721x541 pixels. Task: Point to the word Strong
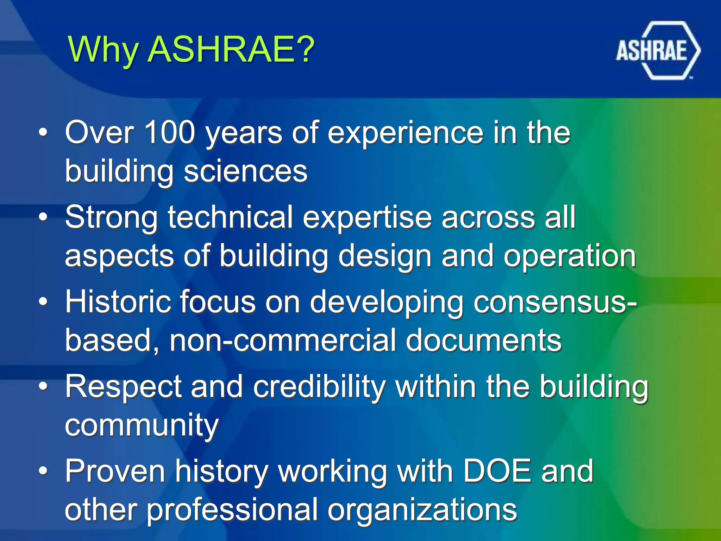click(111, 218)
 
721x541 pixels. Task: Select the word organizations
click(422, 510)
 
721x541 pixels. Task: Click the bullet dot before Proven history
click(43, 471)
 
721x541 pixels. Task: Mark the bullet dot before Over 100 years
click(43, 133)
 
